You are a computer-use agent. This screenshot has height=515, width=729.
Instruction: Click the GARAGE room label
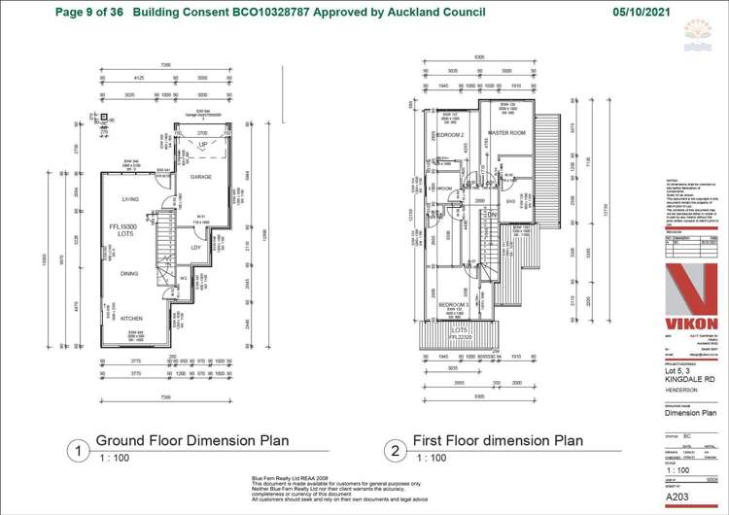click(x=201, y=177)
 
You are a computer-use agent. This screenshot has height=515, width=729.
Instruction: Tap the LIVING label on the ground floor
click(x=130, y=199)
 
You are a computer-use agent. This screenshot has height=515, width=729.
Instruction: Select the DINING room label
click(x=129, y=274)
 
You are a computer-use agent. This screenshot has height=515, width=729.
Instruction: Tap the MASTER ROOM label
click(x=506, y=132)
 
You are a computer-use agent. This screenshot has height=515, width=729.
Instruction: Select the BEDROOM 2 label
click(x=449, y=135)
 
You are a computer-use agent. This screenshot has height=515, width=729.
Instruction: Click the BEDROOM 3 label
click(x=454, y=305)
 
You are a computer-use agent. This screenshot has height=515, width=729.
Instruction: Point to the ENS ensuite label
click(x=509, y=201)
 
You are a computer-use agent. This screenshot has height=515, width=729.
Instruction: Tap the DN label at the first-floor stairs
click(x=493, y=215)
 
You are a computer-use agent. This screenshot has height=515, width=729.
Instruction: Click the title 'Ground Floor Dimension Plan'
click(x=191, y=440)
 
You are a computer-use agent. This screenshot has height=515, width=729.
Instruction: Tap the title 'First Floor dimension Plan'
click(x=498, y=440)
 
